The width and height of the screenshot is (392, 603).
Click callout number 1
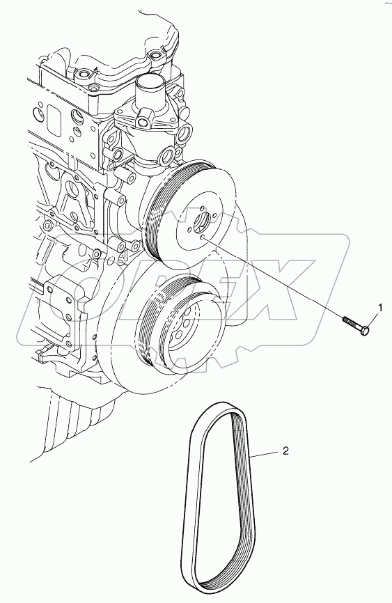pos(381,307)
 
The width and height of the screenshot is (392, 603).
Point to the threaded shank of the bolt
pos(351,322)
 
